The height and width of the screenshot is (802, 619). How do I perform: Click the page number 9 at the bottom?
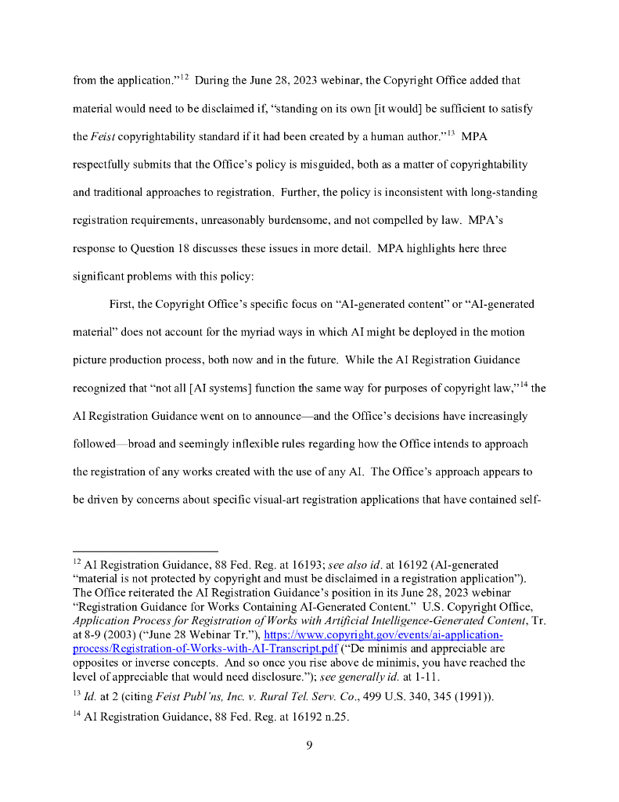point(309,745)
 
